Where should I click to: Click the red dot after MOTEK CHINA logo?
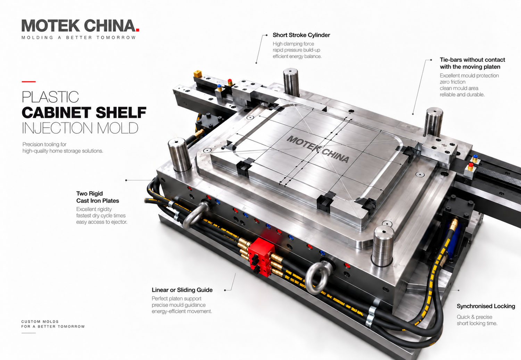point(138,30)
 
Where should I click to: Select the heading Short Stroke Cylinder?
point(301,35)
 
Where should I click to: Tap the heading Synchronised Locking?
point(486,306)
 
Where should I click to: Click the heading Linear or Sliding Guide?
point(182,290)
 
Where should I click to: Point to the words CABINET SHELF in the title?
point(84,112)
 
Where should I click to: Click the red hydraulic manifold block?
point(262,255)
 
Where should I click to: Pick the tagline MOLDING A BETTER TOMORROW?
point(78,37)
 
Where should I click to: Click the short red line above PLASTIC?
point(28,82)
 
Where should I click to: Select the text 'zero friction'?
point(452,82)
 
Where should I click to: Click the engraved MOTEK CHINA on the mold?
point(318,149)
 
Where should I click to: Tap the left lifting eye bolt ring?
point(194,215)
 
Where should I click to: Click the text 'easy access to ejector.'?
point(102,222)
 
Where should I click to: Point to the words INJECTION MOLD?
point(80,128)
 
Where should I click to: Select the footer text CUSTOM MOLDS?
point(40,321)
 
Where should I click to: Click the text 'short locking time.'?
point(477,323)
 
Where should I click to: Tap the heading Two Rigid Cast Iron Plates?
point(98,197)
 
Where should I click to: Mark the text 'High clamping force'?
point(293,44)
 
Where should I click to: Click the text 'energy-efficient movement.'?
point(182,311)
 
